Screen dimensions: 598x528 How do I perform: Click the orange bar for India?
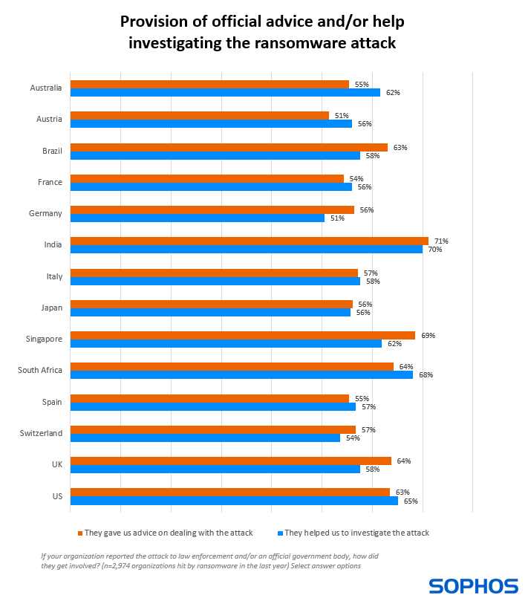click(249, 241)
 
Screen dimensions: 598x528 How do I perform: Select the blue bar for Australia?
click(225, 93)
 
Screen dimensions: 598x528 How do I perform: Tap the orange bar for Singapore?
click(242, 335)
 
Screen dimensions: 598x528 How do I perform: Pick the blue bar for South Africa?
click(241, 374)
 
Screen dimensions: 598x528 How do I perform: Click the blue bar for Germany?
click(197, 218)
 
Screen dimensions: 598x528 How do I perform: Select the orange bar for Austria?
click(199, 116)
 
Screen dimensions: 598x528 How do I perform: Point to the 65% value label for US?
click(411, 501)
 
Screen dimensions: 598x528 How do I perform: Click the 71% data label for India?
click(442, 241)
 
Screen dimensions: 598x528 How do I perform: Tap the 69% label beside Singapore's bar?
click(428, 335)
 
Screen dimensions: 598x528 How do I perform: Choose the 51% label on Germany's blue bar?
click(337, 218)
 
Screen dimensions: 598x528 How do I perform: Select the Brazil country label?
click(52, 150)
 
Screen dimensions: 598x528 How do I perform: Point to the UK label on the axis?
click(56, 464)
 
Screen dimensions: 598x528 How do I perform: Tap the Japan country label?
click(51, 307)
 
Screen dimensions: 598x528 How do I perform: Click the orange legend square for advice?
click(79, 533)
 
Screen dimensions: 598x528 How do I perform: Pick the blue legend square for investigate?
click(279, 533)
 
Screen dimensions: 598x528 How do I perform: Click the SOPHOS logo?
click(473, 585)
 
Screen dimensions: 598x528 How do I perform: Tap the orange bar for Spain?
click(209, 398)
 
